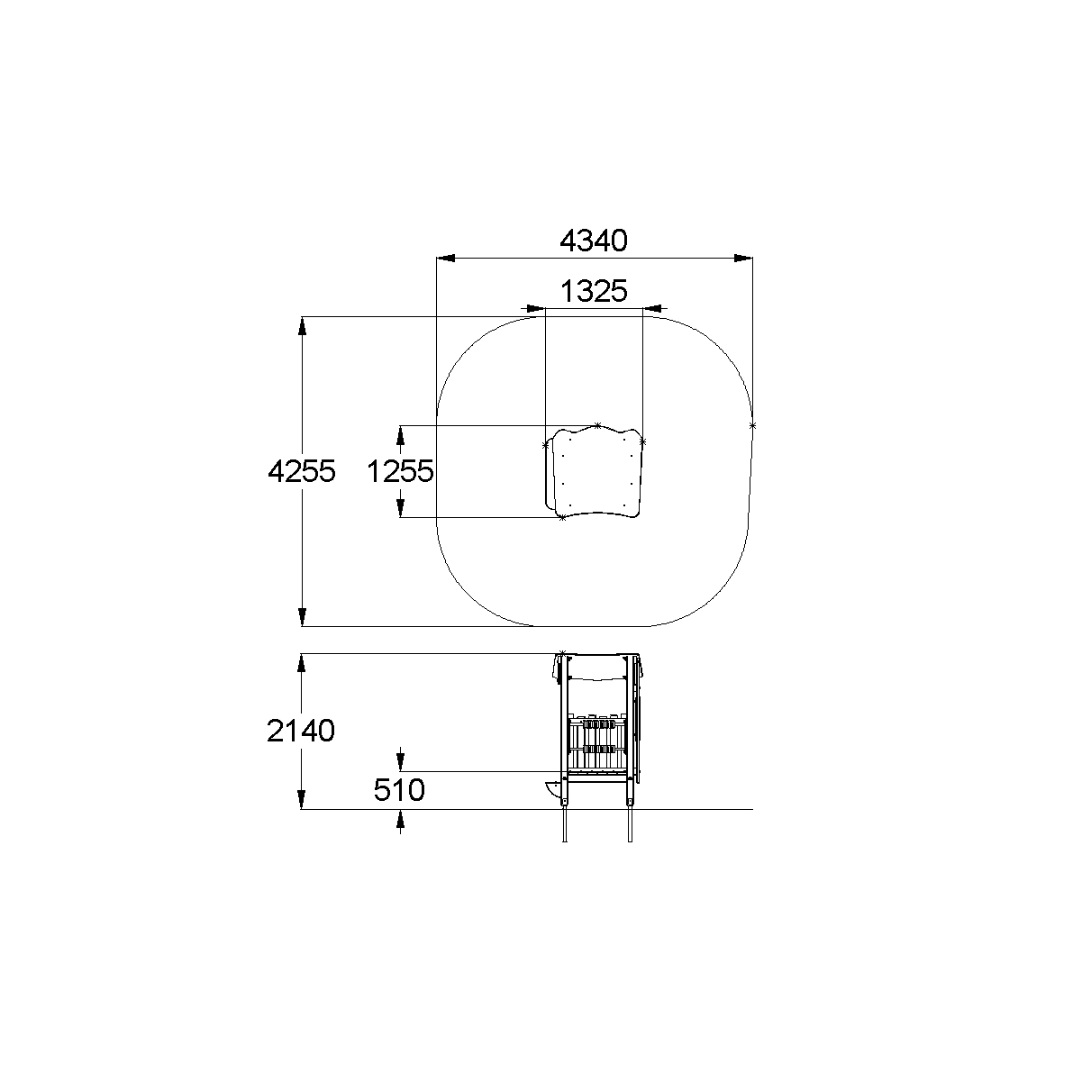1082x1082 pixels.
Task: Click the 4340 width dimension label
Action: (x=594, y=241)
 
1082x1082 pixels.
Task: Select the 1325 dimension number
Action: (x=594, y=291)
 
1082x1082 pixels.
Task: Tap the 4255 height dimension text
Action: (x=302, y=470)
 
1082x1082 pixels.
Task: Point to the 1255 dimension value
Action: (x=400, y=470)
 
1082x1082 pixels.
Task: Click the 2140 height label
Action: (x=301, y=731)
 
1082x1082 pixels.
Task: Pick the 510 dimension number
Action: (x=399, y=790)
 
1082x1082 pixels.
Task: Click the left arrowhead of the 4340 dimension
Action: (x=446, y=259)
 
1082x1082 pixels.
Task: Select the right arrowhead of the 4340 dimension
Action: (x=743, y=259)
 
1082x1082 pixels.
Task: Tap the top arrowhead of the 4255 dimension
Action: (x=303, y=326)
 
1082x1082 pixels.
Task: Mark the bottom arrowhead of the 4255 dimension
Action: (x=303, y=616)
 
